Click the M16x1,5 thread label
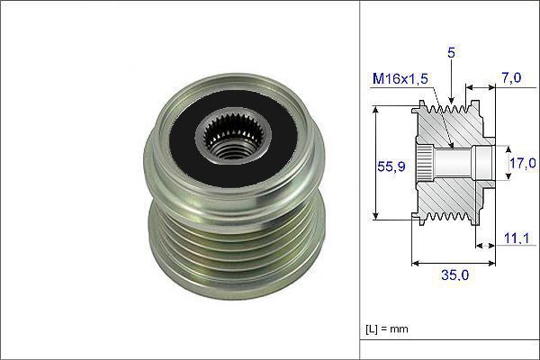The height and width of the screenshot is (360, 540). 400,79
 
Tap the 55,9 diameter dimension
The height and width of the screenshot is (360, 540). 391,166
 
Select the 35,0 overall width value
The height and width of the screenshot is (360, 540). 454,274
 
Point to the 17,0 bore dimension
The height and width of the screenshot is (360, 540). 522,163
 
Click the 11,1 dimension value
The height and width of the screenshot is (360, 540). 517,238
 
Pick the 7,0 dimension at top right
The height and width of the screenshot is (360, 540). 511,78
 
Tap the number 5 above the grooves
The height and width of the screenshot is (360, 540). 451,52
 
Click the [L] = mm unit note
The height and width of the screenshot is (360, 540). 387,328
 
